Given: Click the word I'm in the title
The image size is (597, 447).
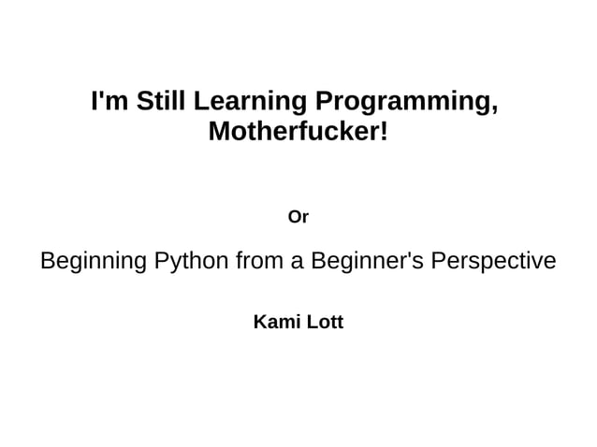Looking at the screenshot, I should tap(109, 101).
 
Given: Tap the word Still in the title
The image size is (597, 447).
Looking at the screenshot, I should tap(162, 101).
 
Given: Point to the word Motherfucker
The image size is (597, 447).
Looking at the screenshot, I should tap(293, 132).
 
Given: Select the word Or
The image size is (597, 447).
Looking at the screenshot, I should tap(298, 217).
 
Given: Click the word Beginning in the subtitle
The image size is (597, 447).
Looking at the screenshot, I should tap(90, 261).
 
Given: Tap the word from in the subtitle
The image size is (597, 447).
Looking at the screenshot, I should tap(259, 261).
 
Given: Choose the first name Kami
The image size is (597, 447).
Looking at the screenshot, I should tap(276, 323).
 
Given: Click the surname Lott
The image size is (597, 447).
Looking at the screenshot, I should tap(326, 323).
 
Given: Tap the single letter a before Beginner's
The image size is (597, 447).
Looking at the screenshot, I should tap(296, 262).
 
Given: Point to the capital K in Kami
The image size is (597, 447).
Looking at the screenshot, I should tap(260, 323).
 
